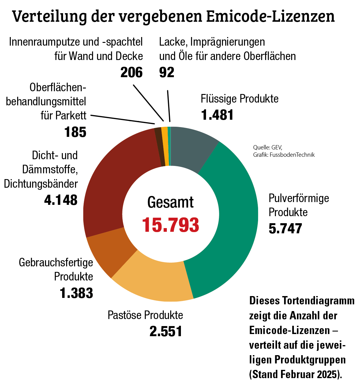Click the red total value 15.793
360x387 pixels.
coord(171,225)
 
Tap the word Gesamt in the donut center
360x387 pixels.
coord(171,202)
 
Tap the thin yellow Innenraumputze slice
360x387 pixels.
coord(165,146)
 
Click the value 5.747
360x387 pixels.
coord(285,228)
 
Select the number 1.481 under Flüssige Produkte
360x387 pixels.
coord(217,115)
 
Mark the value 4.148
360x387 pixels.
coord(61,200)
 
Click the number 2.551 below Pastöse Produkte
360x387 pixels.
coord(166,331)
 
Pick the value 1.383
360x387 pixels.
coord(77,293)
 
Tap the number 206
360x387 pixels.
coord(132,73)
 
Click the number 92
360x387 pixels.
coord(167,73)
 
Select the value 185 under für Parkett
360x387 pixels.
coord(75,132)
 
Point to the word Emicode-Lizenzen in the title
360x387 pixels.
coord(270,17)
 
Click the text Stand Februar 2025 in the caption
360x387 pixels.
coord(295,374)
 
